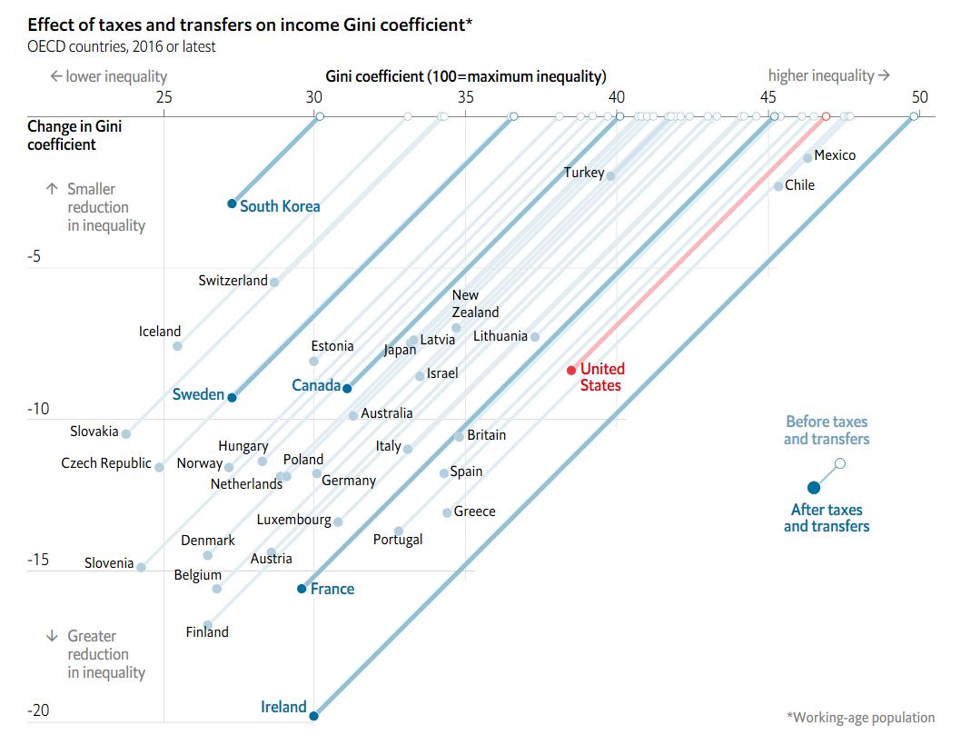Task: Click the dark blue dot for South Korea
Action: click(232, 204)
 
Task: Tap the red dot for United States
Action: click(571, 370)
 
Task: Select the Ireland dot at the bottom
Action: click(313, 716)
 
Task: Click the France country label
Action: click(332, 589)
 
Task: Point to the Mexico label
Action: click(835, 155)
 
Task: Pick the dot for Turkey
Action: click(610, 176)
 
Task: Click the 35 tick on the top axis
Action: click(465, 97)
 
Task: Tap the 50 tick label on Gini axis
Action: click(919, 97)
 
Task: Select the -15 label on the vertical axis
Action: click(38, 560)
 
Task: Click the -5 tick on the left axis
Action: click(35, 257)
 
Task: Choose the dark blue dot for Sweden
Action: click(232, 398)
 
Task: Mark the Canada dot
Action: click(347, 388)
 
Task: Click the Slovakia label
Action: click(94, 432)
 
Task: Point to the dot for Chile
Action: click(778, 186)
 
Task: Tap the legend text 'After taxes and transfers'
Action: click(827, 518)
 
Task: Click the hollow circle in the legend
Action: click(840, 463)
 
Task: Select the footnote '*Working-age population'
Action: click(860, 718)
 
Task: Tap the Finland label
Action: click(207, 632)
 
